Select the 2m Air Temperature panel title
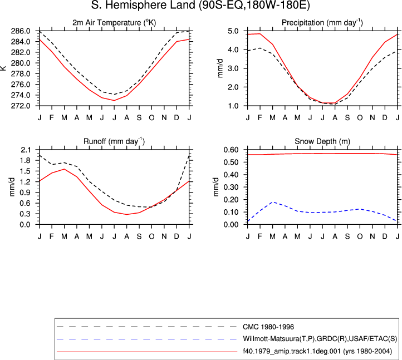point(114,23)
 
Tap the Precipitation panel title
point(322,23)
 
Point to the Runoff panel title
point(114,141)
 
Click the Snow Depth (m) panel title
point(322,141)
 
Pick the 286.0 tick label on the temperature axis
point(21,31)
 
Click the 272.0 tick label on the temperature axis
point(21,106)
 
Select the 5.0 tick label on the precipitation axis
point(233,31)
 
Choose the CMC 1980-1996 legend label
point(268,327)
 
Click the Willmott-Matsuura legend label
point(320,339)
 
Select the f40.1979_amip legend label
point(317,351)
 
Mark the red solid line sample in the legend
point(147,352)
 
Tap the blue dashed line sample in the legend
point(147,339)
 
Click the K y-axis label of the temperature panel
point(3,68)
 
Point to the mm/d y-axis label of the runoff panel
point(12,187)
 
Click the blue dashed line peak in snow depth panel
point(273,202)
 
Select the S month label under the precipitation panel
point(347,117)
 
